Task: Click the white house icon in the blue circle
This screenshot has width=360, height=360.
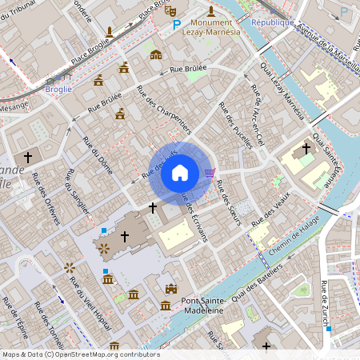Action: pos(180,173)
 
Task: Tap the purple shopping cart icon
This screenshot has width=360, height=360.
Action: pos(210,172)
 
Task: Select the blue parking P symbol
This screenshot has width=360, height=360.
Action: pos(177,26)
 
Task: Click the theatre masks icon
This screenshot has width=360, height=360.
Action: pos(170,11)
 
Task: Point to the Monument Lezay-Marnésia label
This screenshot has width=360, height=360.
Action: pos(210,29)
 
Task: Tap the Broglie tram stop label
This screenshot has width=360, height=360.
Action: pos(58,90)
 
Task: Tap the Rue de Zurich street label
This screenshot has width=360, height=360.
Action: pos(325,302)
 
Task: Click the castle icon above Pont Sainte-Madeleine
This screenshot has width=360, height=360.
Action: pos(170,289)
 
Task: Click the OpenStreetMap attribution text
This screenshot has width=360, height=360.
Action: pos(81,354)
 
